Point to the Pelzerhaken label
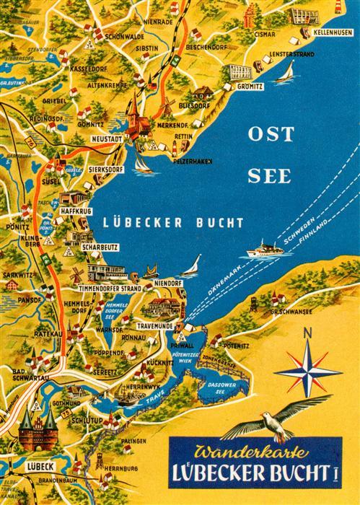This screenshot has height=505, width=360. pyautogui.click(x=193, y=161)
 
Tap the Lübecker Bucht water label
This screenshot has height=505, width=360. pyautogui.click(x=172, y=222)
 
